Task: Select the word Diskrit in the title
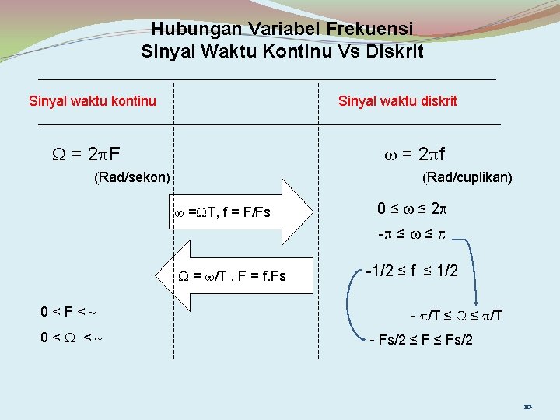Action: [x=397, y=52]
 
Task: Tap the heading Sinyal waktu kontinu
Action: [x=92, y=100]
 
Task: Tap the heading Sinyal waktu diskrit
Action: [x=397, y=100]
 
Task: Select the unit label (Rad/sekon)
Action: [x=131, y=177]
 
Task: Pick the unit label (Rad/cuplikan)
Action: [x=467, y=177]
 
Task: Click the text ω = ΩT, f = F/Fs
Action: [x=222, y=212]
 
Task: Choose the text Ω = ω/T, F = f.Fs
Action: [x=233, y=275]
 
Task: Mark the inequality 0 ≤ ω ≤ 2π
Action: [x=413, y=208]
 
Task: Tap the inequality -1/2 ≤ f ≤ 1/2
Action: [x=412, y=271]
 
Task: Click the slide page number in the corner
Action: [x=527, y=406]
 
